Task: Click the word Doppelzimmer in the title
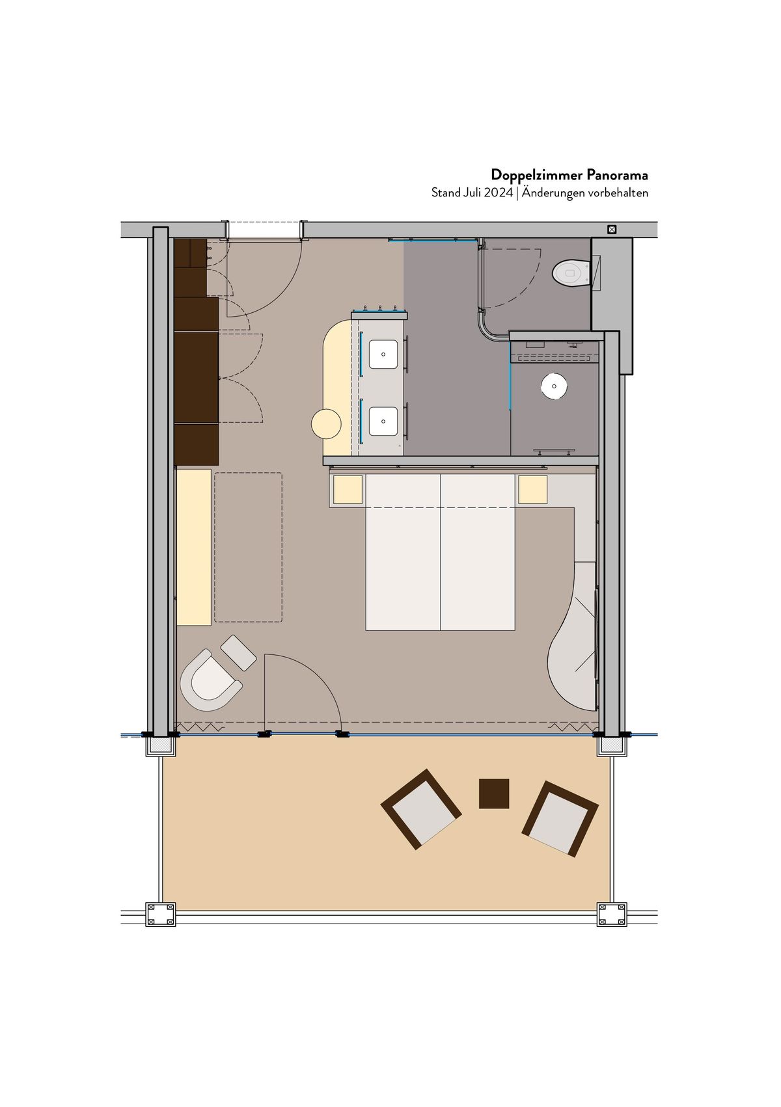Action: (536, 175)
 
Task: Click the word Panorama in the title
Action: (617, 174)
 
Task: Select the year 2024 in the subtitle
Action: (498, 193)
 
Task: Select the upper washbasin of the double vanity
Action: (383, 354)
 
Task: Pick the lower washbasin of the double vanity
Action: (383, 421)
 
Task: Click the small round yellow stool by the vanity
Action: (326, 424)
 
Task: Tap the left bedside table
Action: (348, 490)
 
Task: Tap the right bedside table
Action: (532, 490)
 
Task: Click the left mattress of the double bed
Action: (403, 552)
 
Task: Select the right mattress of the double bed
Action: (478, 552)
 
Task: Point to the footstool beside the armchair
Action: (238, 652)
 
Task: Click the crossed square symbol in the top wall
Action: (612, 230)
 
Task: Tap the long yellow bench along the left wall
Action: (194, 548)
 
